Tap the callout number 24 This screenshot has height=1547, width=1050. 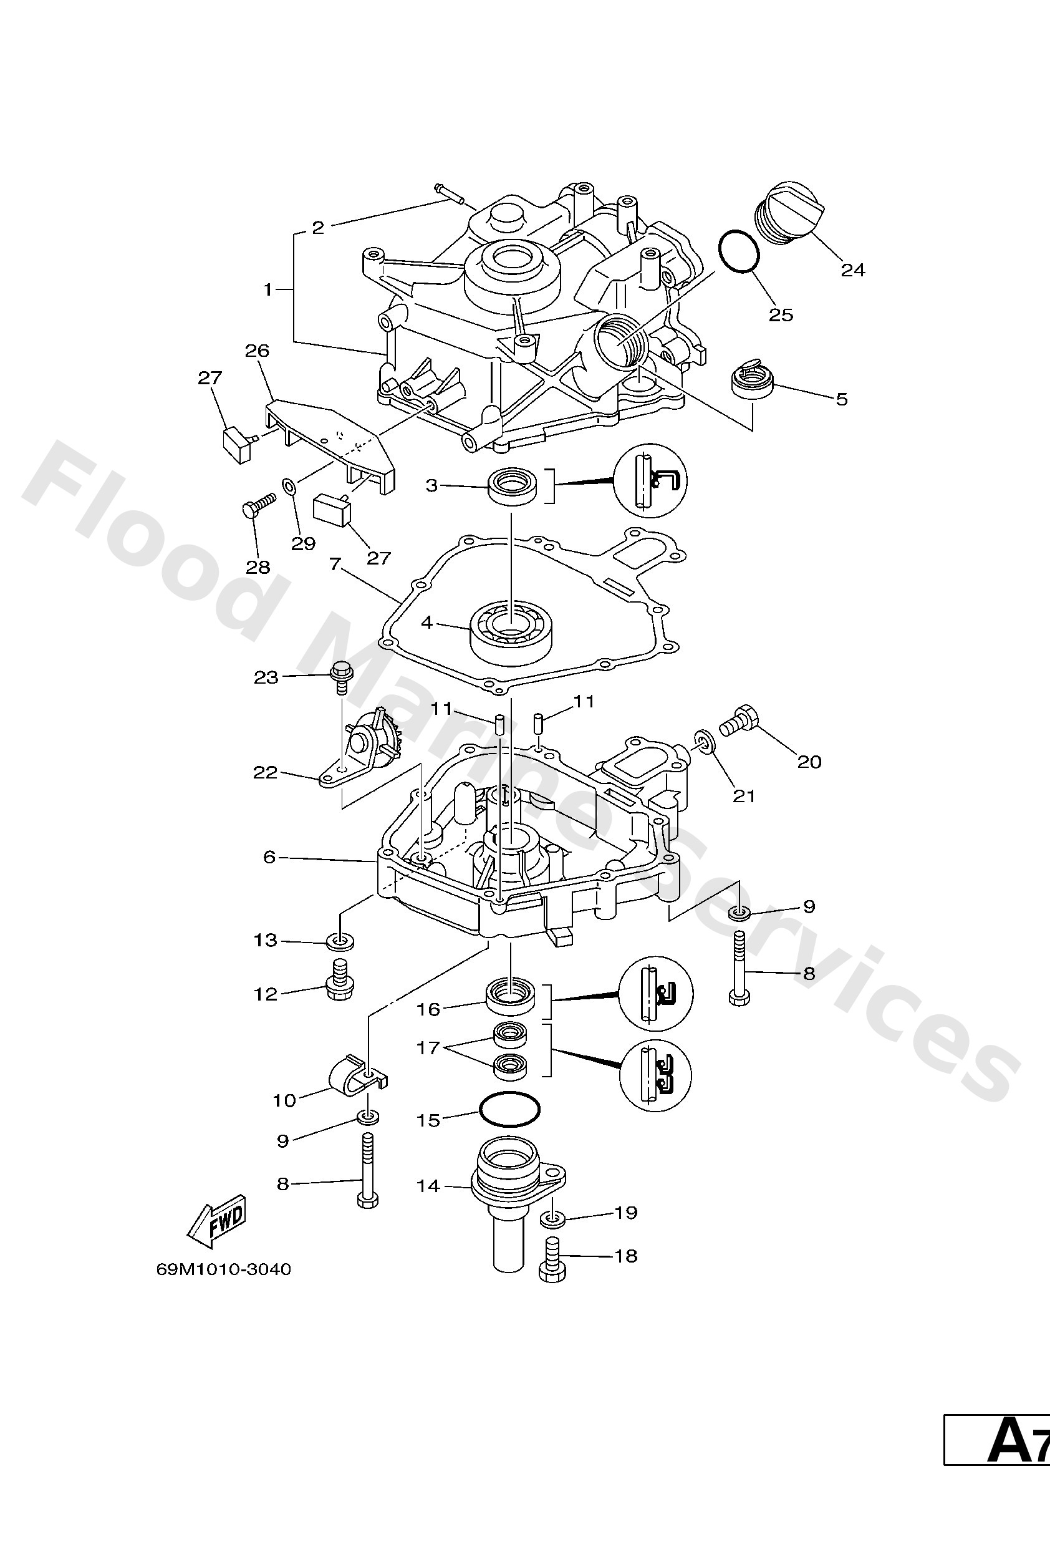(x=852, y=269)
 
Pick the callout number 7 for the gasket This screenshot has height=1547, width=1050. (x=335, y=565)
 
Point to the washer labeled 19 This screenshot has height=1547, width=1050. (x=552, y=1220)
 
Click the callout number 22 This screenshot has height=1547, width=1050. (x=265, y=773)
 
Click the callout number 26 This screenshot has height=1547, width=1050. (x=258, y=351)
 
